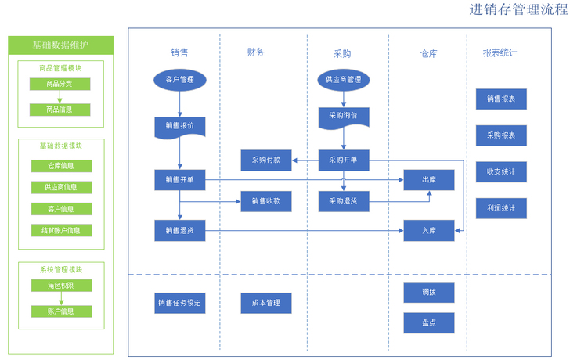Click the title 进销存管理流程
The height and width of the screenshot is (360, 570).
518,9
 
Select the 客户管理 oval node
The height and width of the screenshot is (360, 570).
180,79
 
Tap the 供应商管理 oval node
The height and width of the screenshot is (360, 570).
343,79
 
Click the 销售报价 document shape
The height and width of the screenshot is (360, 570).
180,125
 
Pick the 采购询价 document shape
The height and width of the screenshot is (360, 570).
343,116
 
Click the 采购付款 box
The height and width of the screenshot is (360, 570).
265,160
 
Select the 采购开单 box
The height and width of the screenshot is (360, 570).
343,160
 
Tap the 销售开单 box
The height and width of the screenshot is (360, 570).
180,180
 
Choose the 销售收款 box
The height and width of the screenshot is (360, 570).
265,201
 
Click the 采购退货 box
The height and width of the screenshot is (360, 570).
343,201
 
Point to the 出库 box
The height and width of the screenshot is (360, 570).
428,180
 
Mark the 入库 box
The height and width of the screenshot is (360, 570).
428,231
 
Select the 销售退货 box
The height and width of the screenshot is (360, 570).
180,231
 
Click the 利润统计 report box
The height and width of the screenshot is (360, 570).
501,208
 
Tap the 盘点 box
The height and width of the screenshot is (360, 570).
428,322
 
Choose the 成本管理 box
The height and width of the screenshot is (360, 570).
265,303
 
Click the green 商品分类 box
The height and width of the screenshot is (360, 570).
60,84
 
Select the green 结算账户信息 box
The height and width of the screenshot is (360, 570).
60,231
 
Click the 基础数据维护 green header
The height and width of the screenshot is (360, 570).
60,45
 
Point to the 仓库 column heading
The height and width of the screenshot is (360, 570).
428,53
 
